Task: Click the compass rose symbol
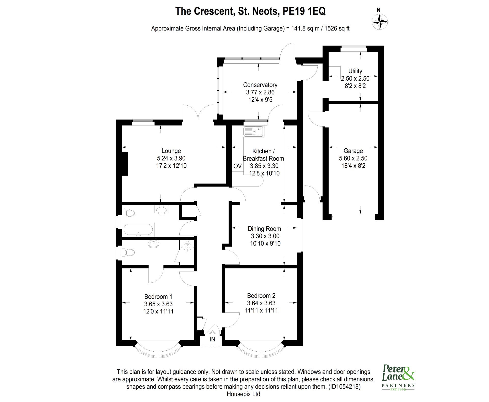[x=380, y=22]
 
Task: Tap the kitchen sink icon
[x=254, y=132]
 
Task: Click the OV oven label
[x=237, y=166]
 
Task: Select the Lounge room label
[x=171, y=151]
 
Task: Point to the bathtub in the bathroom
[x=138, y=230]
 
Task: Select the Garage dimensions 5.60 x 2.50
[x=353, y=158]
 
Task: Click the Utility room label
[x=355, y=71]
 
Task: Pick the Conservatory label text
[x=260, y=85]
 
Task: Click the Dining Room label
[x=264, y=229]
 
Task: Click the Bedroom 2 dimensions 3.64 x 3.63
[x=261, y=303]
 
